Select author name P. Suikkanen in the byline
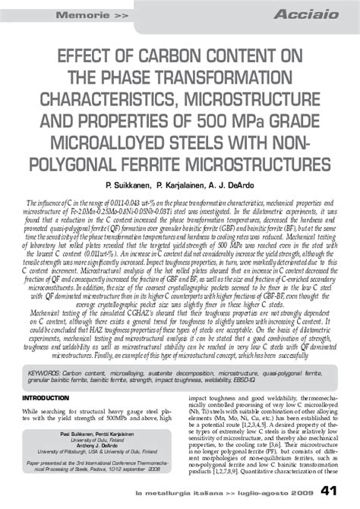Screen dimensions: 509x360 pos(134,186)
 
